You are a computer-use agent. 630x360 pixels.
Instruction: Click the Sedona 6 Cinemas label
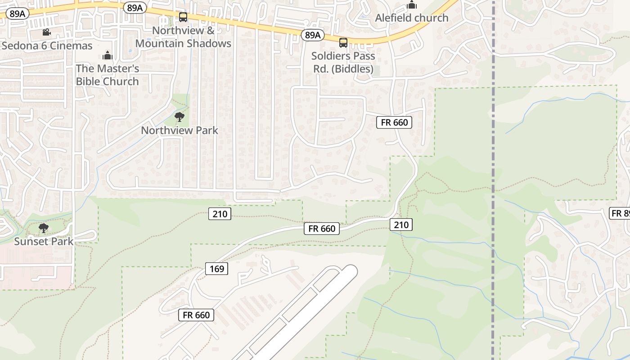click(x=47, y=45)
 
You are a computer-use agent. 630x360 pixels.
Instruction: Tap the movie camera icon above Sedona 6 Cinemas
click(x=46, y=32)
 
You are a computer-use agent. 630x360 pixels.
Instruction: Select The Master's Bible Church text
click(x=107, y=75)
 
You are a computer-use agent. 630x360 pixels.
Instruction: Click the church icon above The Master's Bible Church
click(x=107, y=55)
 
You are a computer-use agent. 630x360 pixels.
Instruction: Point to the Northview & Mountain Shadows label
click(x=183, y=37)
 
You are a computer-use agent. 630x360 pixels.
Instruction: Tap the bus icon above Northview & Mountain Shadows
click(x=183, y=17)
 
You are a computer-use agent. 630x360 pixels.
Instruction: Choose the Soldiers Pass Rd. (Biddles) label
click(x=343, y=63)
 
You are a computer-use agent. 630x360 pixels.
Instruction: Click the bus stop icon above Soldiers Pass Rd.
click(x=343, y=43)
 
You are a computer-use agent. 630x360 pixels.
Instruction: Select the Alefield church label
click(x=412, y=18)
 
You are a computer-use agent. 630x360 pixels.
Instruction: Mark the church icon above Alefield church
click(x=411, y=5)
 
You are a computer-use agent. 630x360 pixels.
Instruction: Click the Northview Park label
click(x=180, y=130)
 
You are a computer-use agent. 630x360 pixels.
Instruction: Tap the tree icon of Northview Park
click(x=179, y=117)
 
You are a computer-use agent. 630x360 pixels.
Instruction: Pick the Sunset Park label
click(x=44, y=241)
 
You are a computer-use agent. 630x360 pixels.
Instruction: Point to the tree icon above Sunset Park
click(x=43, y=228)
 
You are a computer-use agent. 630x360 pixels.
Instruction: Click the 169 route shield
click(x=217, y=269)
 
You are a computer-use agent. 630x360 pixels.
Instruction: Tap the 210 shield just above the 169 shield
click(x=220, y=214)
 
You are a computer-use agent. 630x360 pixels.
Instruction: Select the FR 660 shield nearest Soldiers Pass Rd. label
click(x=394, y=122)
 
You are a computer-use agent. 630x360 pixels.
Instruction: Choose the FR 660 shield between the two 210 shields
click(x=322, y=229)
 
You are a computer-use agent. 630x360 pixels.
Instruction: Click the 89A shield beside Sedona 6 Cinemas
click(x=17, y=13)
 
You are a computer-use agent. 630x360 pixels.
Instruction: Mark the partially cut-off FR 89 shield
click(x=620, y=213)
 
